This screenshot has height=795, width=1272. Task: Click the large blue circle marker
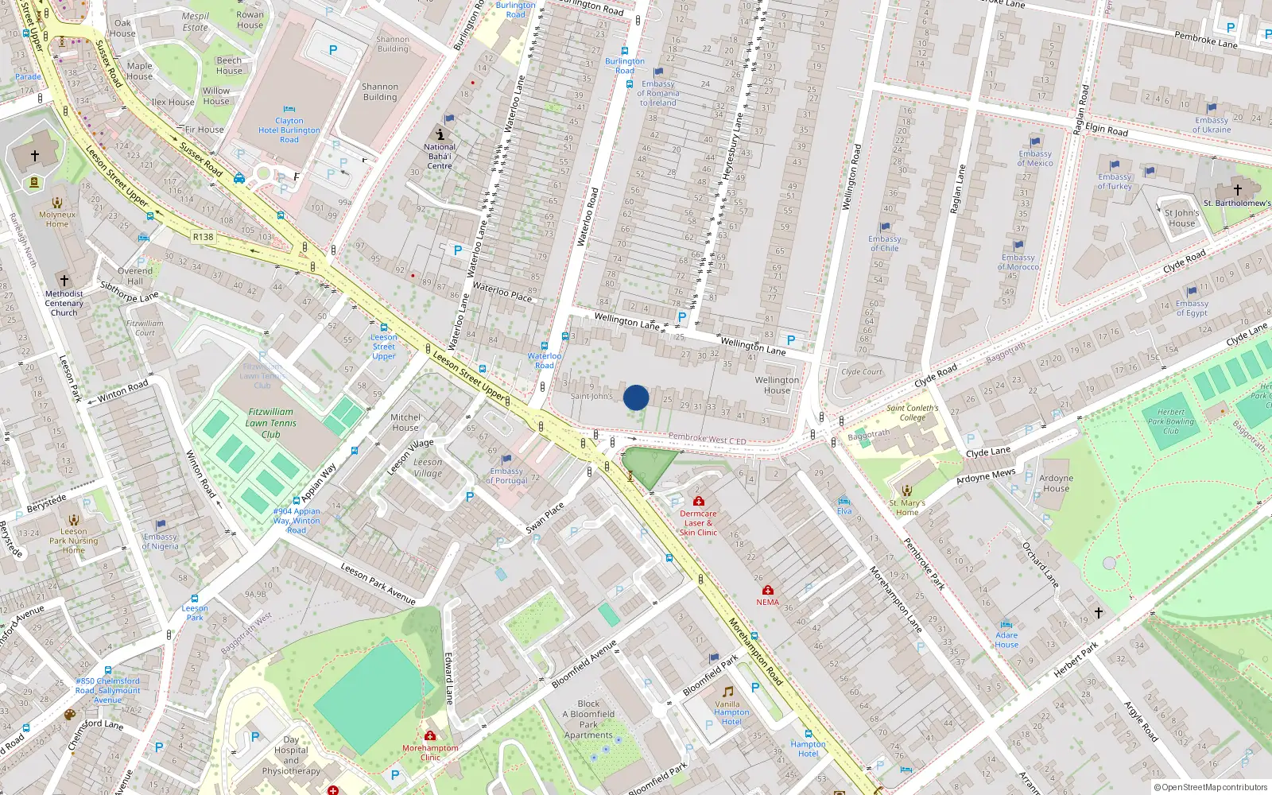pyautogui.click(x=636, y=397)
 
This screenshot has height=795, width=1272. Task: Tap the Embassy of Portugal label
pyautogui.click(x=506, y=476)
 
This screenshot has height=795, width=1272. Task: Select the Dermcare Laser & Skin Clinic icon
pyautogui.click(x=698, y=501)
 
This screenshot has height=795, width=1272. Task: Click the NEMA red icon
pyautogui.click(x=767, y=590)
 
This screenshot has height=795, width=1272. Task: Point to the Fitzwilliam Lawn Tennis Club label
pyautogui.click(x=270, y=423)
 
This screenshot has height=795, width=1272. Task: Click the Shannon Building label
pyautogui.click(x=380, y=92)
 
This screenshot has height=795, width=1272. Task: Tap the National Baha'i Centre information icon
pyautogui.click(x=440, y=134)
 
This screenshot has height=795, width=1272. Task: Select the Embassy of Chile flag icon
pyautogui.click(x=885, y=227)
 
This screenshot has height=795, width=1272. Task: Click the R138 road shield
pyautogui.click(x=203, y=237)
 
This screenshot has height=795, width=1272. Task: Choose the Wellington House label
pyautogui.click(x=777, y=385)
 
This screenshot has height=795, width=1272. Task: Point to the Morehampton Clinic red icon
pyautogui.click(x=430, y=735)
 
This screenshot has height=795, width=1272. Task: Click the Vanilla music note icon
pyautogui.click(x=727, y=692)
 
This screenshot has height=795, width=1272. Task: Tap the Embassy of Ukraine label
pyautogui.click(x=1212, y=125)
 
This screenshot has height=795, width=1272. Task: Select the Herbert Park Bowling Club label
pyautogui.click(x=1170, y=421)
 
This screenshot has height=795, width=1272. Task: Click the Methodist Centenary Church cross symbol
pyautogui.click(x=64, y=280)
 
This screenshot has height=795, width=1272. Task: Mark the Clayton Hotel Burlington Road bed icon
pyautogui.click(x=289, y=109)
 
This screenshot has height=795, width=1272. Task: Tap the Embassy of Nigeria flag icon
pyautogui.click(x=161, y=525)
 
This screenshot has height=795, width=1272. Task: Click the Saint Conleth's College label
pyautogui.click(x=913, y=413)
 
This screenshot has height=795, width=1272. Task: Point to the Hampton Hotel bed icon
pyautogui.click(x=809, y=733)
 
